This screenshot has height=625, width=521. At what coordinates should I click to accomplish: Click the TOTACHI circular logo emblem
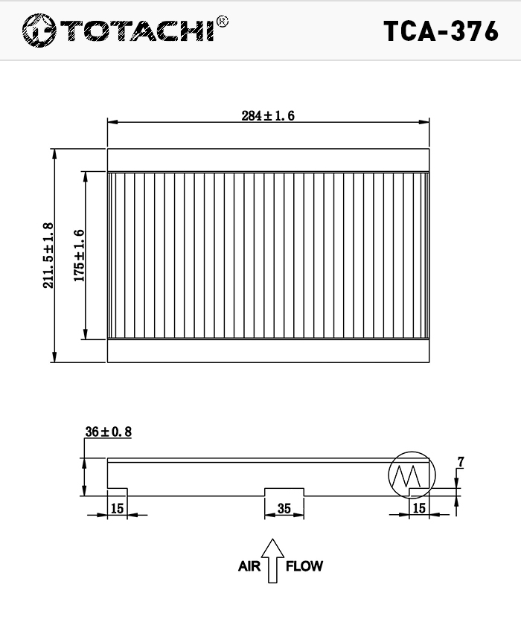point(39,31)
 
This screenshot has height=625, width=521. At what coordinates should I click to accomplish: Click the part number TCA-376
point(441,31)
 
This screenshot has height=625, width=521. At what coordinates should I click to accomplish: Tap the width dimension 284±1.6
point(268,115)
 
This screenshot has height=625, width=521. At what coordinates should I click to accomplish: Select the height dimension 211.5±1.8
point(48,255)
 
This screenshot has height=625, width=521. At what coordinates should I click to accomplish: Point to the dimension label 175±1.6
point(80,255)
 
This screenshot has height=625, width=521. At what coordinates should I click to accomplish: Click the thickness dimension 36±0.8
point(108,432)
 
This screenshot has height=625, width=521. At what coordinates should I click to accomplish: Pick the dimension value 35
point(284,508)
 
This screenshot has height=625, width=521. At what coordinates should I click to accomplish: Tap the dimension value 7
point(461,462)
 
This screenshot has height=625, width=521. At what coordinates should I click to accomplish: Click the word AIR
point(249,566)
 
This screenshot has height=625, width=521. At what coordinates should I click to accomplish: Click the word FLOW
point(304,566)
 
